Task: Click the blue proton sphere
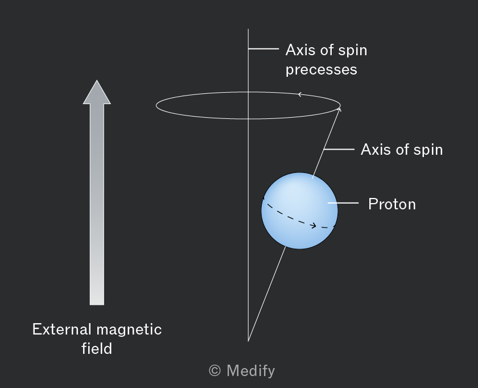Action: [x=300, y=210]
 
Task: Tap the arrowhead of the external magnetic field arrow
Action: [x=97, y=92]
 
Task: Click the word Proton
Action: [x=392, y=204]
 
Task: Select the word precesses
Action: [x=322, y=70]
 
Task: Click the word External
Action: [x=62, y=329]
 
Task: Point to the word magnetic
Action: [x=129, y=330]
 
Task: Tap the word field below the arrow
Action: [x=97, y=348]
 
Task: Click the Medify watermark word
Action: [x=250, y=371]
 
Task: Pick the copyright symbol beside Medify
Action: [x=215, y=370]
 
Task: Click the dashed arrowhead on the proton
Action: [x=314, y=226]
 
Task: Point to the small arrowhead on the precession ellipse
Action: [x=300, y=94]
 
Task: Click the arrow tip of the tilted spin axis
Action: [x=340, y=108]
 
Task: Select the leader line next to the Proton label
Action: [x=343, y=203]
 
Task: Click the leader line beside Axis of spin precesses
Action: [x=263, y=48]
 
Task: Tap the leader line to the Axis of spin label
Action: [x=339, y=150]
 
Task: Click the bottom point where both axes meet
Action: [x=248, y=341]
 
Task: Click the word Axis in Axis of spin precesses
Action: [x=300, y=50]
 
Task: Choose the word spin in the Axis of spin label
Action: [x=428, y=150]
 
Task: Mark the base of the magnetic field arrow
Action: [x=97, y=304]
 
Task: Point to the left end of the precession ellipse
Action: [x=156, y=105]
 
